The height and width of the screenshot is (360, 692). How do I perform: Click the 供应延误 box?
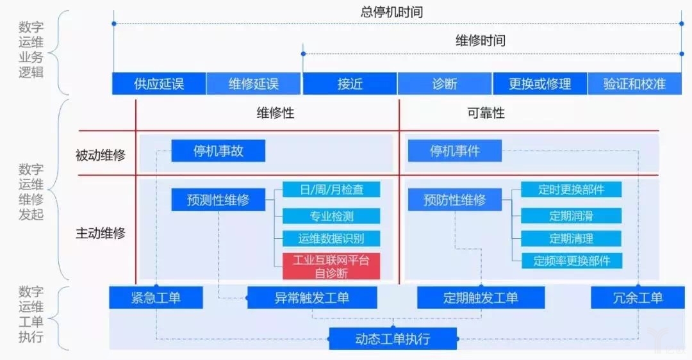(159, 84)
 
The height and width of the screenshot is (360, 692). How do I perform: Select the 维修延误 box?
(254, 84)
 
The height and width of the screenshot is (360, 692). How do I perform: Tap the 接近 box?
(349, 84)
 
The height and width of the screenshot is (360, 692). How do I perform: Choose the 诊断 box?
(445, 84)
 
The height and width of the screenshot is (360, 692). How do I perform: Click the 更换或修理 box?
(540, 84)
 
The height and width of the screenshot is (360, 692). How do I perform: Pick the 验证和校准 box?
(634, 84)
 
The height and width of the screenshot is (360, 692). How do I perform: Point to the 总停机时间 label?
(392, 12)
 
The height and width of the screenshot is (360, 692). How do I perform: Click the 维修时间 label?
(481, 41)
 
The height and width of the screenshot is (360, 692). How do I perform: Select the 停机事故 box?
(218, 151)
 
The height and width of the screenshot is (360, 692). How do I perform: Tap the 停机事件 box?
(455, 151)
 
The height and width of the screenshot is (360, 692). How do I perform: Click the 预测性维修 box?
(218, 200)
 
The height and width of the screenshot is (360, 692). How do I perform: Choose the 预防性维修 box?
(455, 200)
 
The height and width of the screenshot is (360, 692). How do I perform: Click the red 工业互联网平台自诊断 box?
(331, 266)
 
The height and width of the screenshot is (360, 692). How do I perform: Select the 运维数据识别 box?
(331, 238)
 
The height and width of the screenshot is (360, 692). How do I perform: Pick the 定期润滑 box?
(571, 215)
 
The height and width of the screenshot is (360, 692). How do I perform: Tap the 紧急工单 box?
(156, 298)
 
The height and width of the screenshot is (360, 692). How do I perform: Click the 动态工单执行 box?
(393, 339)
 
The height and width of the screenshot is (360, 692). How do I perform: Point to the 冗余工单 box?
(636, 298)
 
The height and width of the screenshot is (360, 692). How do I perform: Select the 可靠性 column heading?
(486, 113)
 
